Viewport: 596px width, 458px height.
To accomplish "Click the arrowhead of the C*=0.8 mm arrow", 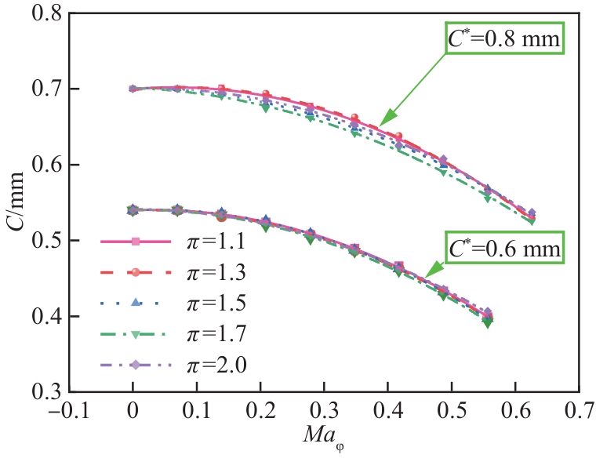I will [x=382, y=125].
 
